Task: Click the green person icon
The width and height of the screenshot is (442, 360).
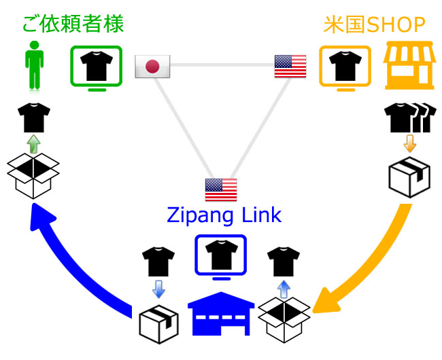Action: [32, 66]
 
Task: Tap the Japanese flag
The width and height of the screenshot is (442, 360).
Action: [152, 66]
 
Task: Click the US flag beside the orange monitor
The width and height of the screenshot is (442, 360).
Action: [290, 66]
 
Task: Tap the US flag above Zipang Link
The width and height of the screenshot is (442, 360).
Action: [221, 189]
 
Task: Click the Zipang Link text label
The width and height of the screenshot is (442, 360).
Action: [224, 217]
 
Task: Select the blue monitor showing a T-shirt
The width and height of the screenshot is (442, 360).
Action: [221, 257]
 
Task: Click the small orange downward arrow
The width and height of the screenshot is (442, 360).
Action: [409, 144]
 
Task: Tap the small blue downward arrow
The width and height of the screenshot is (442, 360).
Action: [158, 289]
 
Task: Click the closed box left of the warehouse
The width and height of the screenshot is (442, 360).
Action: [158, 321]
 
